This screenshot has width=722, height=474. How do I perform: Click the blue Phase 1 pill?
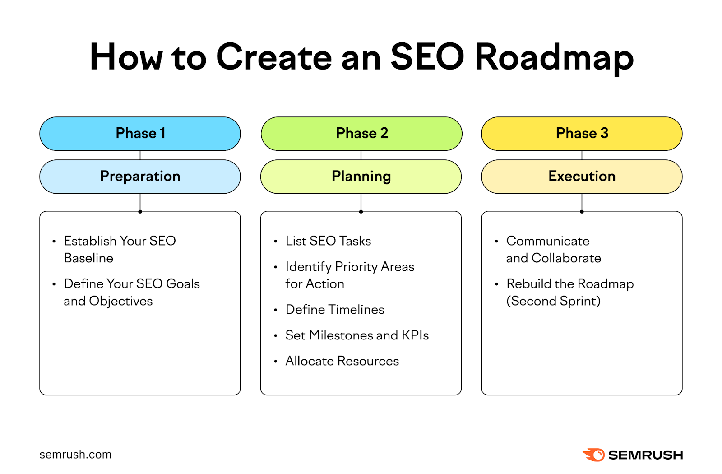[x=140, y=134]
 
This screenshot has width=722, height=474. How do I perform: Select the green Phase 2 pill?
[x=361, y=134]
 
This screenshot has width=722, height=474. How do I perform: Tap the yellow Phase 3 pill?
[x=582, y=134]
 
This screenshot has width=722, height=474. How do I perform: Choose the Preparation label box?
[x=140, y=177]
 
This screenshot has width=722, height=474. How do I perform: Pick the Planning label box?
[x=361, y=177]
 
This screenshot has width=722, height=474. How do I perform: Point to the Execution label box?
[x=582, y=177]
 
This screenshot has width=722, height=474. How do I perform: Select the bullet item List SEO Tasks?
[x=328, y=241]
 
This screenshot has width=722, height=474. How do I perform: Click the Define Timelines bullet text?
[x=335, y=310]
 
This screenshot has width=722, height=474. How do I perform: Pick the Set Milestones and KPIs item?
[x=357, y=335]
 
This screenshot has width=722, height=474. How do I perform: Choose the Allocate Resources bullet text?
[x=342, y=361]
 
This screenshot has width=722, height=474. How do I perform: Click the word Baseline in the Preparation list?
[x=89, y=258]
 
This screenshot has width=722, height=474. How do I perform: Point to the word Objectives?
[x=121, y=301]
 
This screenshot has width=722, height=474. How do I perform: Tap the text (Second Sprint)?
[x=553, y=301]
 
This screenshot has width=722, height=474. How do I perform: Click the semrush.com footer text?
[x=75, y=455]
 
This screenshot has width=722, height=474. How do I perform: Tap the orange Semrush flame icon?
[x=594, y=455]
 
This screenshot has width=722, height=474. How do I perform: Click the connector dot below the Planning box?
[x=361, y=211]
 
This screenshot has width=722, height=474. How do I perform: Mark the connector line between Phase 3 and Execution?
[x=582, y=155]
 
